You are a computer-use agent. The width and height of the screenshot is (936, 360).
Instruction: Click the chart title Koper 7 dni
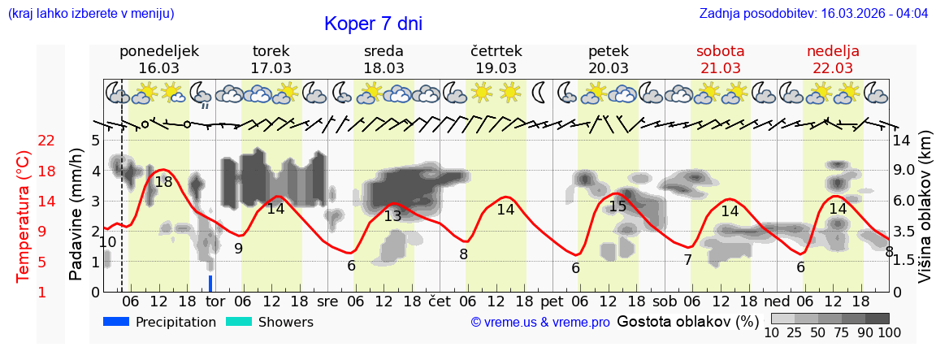373,24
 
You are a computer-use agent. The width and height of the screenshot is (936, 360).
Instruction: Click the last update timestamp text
813,14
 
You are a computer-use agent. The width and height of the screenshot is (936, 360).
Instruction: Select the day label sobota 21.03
720,59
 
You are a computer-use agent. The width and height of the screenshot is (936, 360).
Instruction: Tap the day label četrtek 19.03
496,59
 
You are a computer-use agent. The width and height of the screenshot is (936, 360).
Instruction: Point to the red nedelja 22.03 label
833,59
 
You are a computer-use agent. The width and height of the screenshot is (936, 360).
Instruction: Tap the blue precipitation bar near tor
210,283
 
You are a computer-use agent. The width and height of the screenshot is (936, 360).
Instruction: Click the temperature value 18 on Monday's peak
163,182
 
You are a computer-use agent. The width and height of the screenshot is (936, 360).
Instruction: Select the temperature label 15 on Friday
617,206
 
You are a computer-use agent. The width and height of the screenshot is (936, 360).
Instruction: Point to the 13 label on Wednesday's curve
392,216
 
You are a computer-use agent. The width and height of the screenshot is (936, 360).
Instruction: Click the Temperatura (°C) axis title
24,216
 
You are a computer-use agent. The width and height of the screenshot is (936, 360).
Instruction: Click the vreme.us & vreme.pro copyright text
540,323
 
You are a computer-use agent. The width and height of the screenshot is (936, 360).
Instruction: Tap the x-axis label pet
552,301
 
